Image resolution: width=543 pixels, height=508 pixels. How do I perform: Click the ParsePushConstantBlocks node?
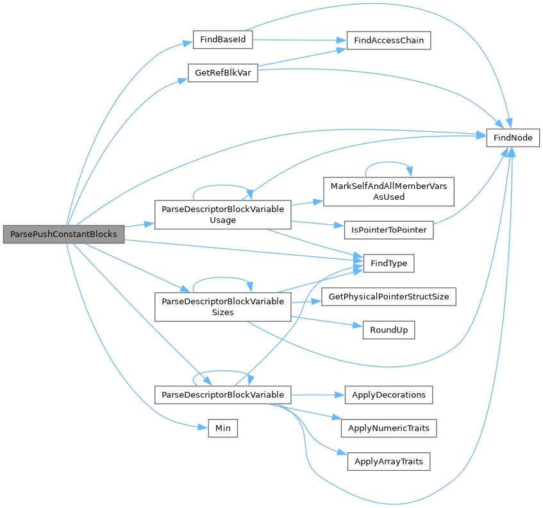click(x=63, y=234)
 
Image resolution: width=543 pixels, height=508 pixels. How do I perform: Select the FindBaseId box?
click(x=223, y=40)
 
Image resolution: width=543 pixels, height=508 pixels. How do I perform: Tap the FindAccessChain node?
click(x=388, y=40)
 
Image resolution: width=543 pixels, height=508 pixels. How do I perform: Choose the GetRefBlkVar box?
click(x=222, y=73)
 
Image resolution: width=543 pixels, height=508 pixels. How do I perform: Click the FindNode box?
click(x=513, y=137)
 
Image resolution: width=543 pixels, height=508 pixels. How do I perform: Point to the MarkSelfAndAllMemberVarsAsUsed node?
click(x=388, y=192)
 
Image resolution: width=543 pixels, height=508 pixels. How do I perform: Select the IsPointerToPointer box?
click(x=388, y=229)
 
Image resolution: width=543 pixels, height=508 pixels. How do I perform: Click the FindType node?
click(x=388, y=263)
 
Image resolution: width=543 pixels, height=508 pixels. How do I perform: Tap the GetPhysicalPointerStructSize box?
click(x=388, y=297)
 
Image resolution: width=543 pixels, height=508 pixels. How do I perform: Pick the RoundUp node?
click(x=388, y=330)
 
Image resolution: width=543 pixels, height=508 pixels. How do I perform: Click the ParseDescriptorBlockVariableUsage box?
click(x=223, y=215)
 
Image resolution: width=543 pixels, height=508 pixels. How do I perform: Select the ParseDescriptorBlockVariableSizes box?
click(x=223, y=307)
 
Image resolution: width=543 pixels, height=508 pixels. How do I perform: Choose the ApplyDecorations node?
click(x=388, y=395)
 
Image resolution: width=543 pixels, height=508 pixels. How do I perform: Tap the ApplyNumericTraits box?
click(x=388, y=428)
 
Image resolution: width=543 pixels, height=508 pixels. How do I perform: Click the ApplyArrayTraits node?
click(x=388, y=461)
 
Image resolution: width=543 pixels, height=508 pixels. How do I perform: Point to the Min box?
click(x=223, y=428)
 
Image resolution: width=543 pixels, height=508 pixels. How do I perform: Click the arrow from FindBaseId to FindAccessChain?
click(x=295, y=40)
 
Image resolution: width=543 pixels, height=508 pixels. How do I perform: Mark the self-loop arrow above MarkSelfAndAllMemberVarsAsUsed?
click(x=388, y=160)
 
